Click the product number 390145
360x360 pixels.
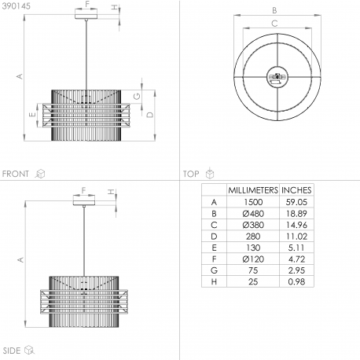point(17,6)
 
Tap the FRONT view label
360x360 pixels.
point(16,174)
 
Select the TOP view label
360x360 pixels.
point(191,174)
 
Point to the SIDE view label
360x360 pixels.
point(12,351)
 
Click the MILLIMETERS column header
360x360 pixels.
point(253,190)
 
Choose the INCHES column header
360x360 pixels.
point(296,190)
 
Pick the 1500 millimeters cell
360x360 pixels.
point(253,202)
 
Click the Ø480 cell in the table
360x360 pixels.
point(253,214)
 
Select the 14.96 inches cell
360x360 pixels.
point(296,225)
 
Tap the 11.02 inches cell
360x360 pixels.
point(296,237)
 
